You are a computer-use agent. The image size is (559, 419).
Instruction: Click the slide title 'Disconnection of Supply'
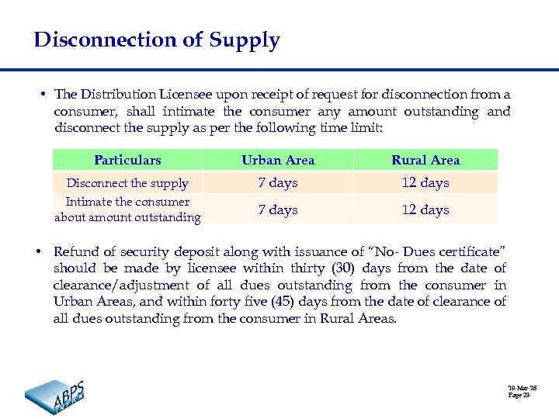[157, 40]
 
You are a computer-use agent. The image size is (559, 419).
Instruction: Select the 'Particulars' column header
[127, 161]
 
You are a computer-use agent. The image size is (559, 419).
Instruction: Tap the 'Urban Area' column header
[278, 161]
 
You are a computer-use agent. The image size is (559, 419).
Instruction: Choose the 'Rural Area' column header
[425, 161]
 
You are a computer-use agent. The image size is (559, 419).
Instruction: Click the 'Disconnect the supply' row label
[127, 183]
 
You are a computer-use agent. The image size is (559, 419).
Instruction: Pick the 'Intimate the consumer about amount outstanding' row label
[127, 209]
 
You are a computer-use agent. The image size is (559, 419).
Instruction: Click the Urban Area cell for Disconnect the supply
[278, 183]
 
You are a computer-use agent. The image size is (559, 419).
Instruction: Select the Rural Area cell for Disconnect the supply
[425, 183]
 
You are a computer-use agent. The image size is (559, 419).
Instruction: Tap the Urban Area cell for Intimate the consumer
[278, 209]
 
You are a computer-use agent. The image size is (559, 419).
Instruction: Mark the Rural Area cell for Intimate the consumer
[425, 209]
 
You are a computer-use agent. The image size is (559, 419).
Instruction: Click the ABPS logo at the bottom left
[55, 396]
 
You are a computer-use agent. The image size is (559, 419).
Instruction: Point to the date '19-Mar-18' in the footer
[523, 387]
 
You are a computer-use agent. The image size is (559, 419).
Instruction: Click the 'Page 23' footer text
[519, 395]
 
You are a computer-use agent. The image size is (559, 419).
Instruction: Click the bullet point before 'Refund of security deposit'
[38, 251]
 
